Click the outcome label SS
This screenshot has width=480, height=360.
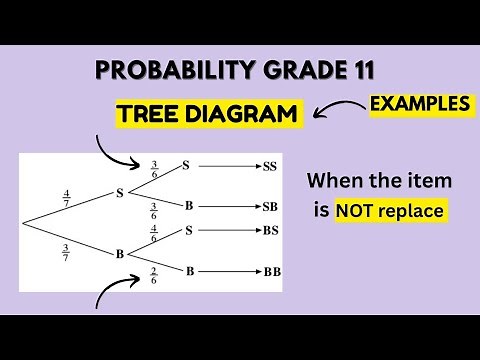[x=269, y=167]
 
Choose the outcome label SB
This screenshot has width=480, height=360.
[x=269, y=207]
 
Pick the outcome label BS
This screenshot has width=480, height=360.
[x=269, y=231]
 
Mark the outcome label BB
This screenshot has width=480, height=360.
[x=271, y=271]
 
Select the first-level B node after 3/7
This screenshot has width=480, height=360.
[x=119, y=253]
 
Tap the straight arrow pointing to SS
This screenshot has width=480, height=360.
[x=227, y=167]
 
